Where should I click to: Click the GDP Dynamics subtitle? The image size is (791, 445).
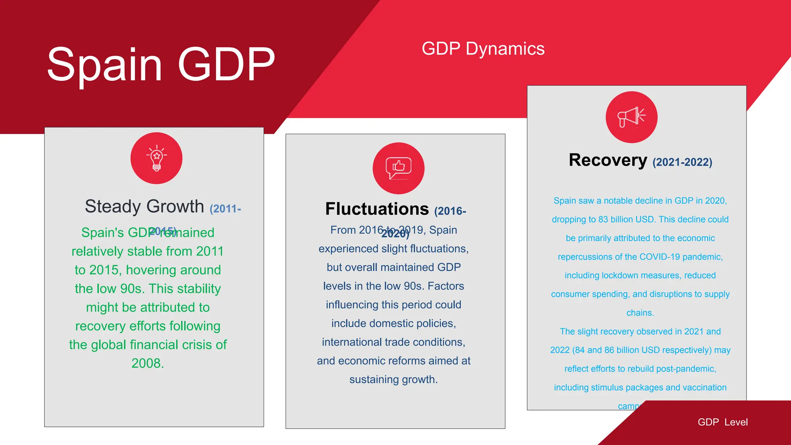coord(483,49)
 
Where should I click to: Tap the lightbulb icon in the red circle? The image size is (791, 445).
coord(156,158)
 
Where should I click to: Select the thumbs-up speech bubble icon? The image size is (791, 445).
coord(398,168)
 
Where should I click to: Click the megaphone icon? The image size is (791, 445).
coord(631,117)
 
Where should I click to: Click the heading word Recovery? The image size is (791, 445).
coord(608,160)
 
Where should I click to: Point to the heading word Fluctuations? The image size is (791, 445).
coord(377,209)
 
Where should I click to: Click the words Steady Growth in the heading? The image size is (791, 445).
coord(144,206)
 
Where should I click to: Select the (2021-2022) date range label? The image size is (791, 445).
coord(682,162)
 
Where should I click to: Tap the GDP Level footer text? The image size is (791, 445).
coord(722,422)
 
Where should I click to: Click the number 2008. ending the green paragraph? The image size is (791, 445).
coord(148,363)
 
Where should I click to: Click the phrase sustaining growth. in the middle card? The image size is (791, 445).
coord(393,380)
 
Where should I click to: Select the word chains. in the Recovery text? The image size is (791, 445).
coord(640,313)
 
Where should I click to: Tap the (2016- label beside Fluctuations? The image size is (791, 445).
coord(450,211)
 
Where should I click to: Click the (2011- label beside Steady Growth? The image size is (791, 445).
coord(225,209)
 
